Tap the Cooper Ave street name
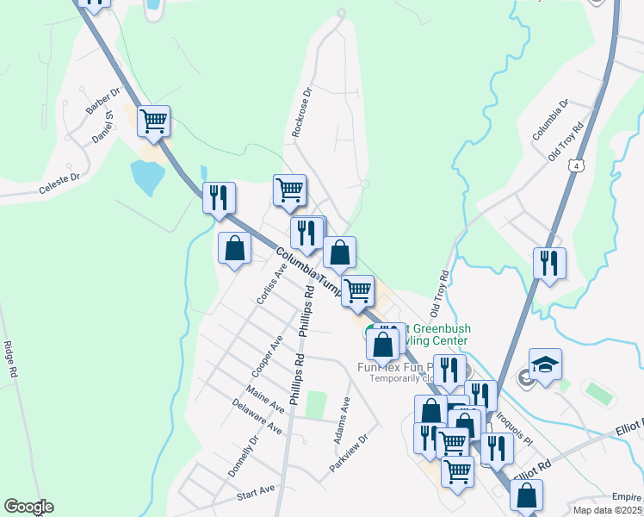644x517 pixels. click(x=267, y=356)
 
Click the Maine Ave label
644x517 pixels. click(x=264, y=399)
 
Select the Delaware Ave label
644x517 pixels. click(x=257, y=416)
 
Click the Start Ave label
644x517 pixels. click(x=255, y=493)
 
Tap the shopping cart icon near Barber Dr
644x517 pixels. click(x=153, y=121)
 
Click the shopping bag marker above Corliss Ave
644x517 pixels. click(x=234, y=249)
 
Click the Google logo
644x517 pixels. click(x=28, y=507)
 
